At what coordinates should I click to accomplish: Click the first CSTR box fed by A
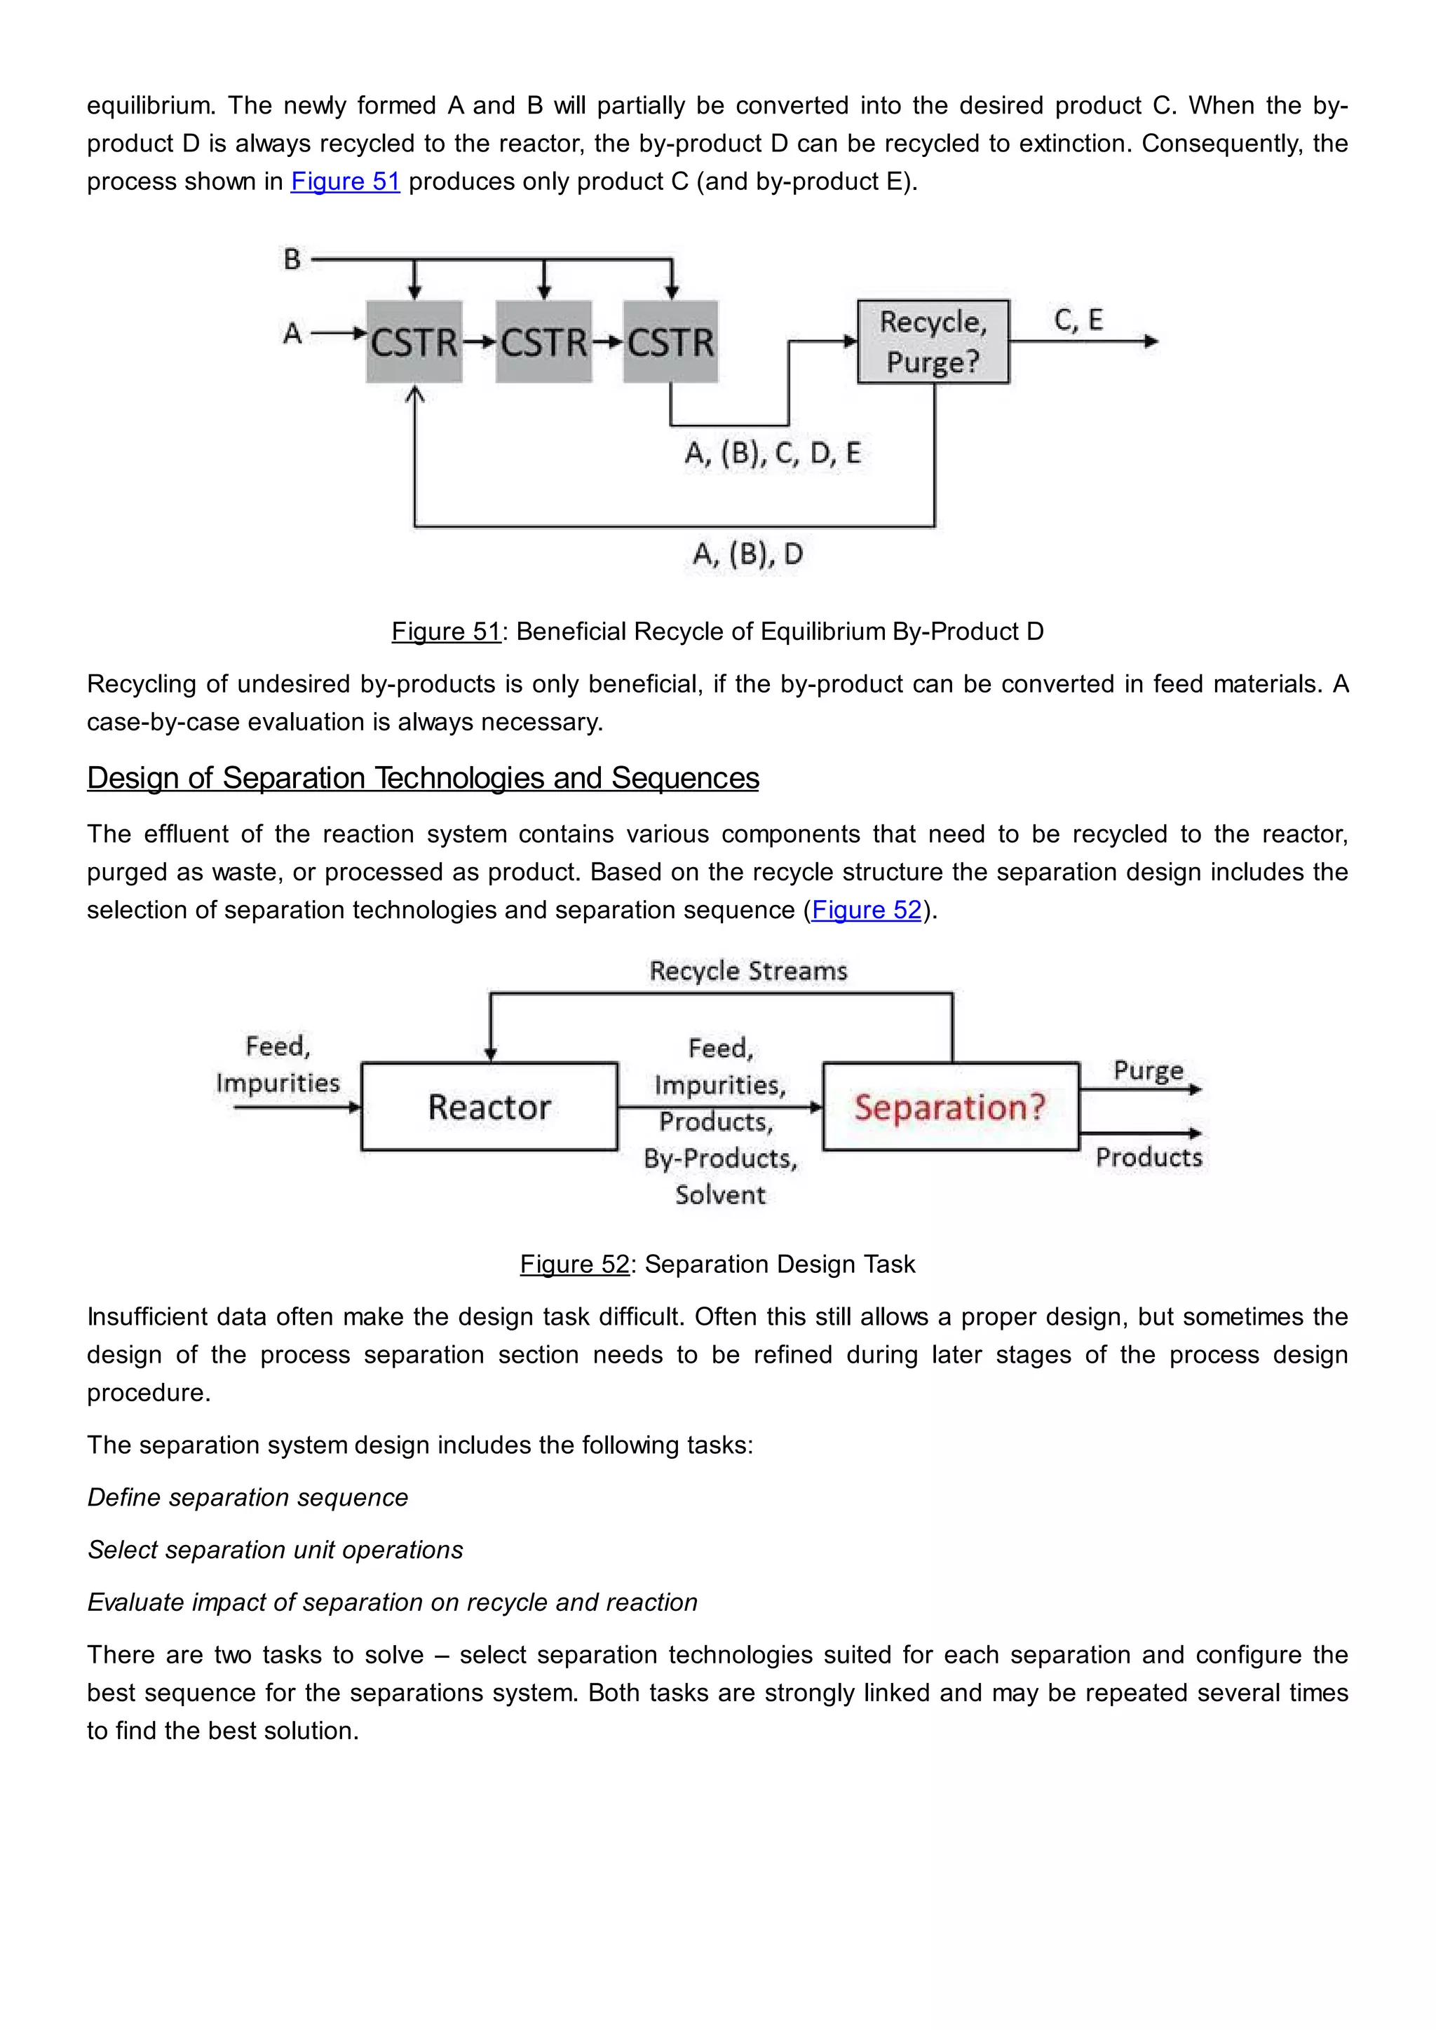click(x=414, y=342)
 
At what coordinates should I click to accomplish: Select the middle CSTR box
click(x=543, y=342)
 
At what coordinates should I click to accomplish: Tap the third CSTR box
click(x=670, y=342)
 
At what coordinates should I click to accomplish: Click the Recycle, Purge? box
click(x=933, y=342)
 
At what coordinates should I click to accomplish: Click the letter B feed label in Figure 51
click(x=292, y=260)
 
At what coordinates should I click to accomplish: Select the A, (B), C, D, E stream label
click(x=773, y=454)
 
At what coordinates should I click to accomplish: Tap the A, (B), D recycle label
click(x=747, y=554)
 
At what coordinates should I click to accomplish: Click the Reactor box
click(x=489, y=1107)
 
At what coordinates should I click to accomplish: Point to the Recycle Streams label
click(x=748, y=971)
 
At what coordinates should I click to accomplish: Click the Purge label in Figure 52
click(x=1148, y=1070)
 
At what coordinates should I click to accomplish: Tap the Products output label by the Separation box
click(x=1149, y=1157)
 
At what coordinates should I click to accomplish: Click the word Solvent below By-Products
click(x=720, y=1195)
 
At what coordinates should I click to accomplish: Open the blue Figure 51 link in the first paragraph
click(x=345, y=182)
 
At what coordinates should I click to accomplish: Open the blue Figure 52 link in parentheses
click(x=866, y=910)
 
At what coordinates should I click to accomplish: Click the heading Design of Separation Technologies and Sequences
click(x=423, y=778)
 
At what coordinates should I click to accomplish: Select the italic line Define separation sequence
click(x=248, y=1498)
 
